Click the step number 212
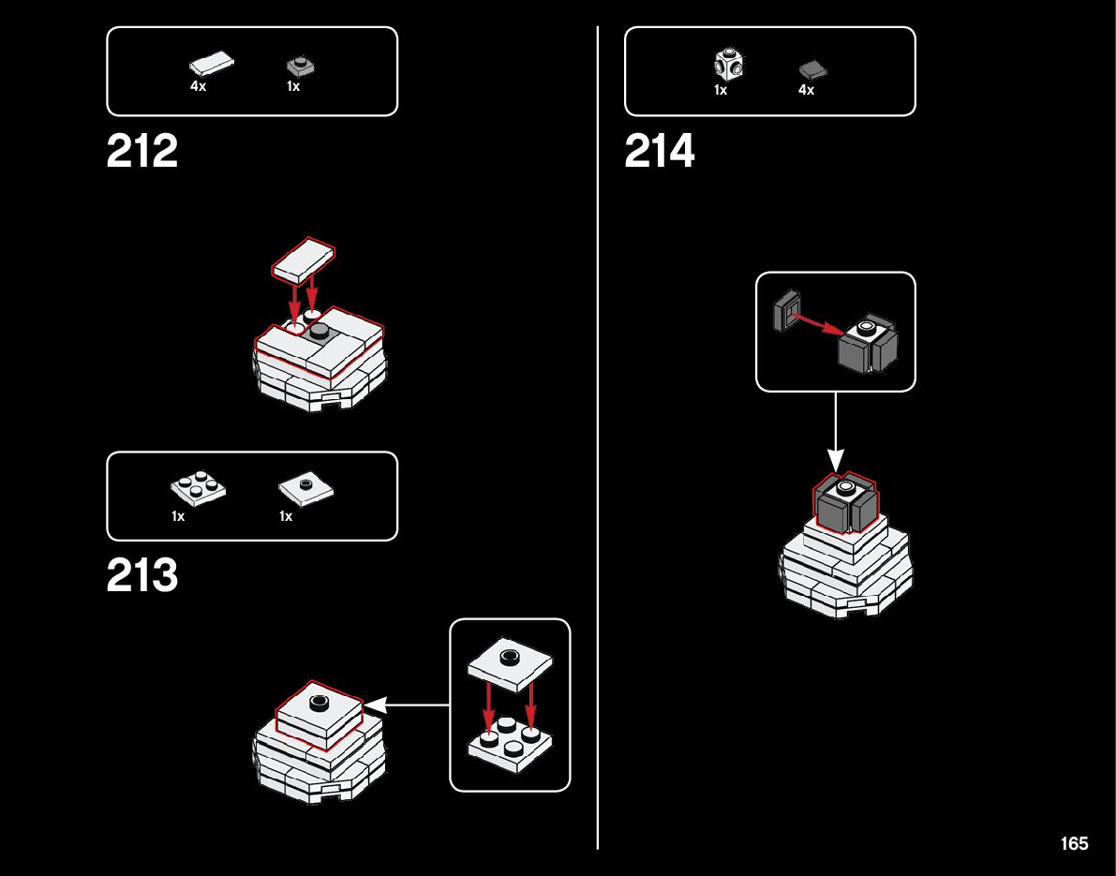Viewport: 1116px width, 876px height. pos(142,152)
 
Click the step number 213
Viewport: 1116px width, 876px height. pos(142,577)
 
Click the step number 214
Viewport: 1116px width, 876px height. pos(660,152)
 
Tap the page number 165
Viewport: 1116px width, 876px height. pos(1074,843)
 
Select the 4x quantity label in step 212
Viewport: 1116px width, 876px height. pos(198,86)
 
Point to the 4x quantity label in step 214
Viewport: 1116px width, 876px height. pos(806,90)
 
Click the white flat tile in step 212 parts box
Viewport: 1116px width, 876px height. pos(212,65)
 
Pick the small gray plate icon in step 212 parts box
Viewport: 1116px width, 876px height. pos(300,67)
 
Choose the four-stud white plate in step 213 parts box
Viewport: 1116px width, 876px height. pos(198,488)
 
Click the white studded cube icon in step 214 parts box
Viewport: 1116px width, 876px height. pos(729,65)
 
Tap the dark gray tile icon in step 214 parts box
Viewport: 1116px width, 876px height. pos(812,69)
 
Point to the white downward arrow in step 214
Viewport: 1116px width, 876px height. pos(835,432)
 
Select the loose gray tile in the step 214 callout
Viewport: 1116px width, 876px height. pos(785,311)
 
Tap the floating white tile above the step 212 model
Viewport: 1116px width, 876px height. pos(303,260)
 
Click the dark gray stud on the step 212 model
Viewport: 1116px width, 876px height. pos(320,331)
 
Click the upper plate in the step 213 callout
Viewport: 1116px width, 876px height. pos(509,662)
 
